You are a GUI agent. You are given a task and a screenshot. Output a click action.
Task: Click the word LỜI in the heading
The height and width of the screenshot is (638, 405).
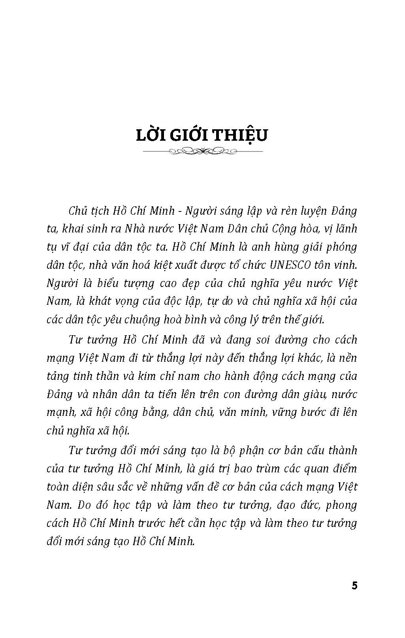click(152, 134)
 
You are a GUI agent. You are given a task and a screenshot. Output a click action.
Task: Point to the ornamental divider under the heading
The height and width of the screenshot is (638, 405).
click(202, 151)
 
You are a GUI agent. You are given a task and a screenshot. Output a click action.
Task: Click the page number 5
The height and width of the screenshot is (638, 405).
click(354, 585)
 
